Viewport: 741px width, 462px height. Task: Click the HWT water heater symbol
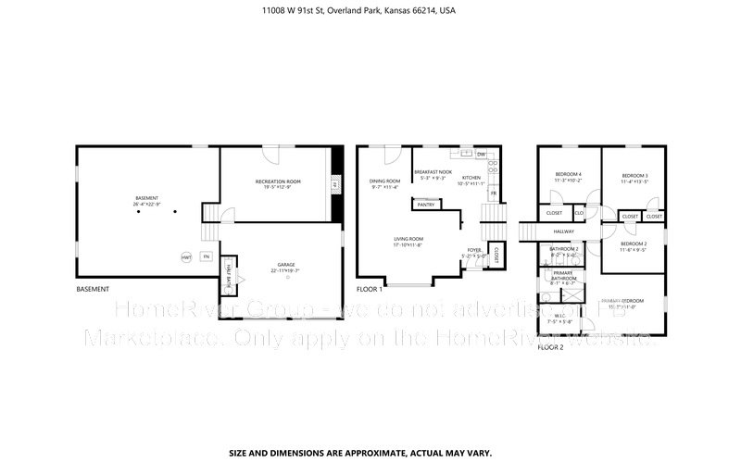186,256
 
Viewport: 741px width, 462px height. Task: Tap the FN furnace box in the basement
207,256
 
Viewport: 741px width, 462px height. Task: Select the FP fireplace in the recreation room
335,185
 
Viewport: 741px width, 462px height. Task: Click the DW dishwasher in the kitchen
481,155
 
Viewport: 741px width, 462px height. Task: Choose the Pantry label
426,204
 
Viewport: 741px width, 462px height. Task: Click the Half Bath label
229,271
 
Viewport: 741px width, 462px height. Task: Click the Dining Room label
385,181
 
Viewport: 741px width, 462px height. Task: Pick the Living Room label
408,240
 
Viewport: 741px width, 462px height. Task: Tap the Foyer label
473,250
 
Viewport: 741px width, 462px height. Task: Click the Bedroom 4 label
569,175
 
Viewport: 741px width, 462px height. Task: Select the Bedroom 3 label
634,176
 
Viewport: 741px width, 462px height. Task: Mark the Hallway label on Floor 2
564,231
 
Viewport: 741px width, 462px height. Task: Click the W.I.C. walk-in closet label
559,315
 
